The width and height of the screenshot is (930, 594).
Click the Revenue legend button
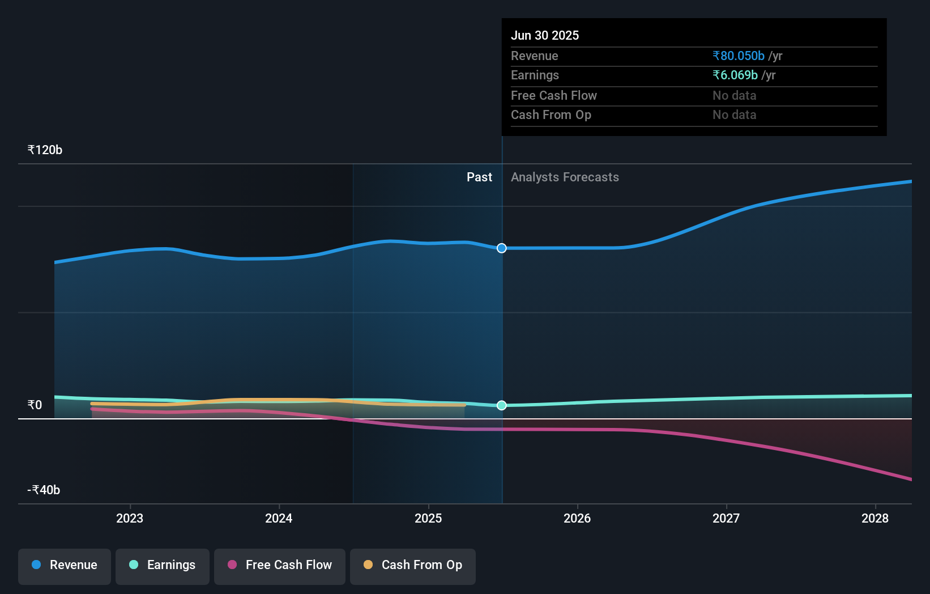(x=65, y=565)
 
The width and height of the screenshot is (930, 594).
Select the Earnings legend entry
(x=163, y=565)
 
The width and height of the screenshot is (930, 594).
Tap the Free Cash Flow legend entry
(x=280, y=565)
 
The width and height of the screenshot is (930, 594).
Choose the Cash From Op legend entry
(x=413, y=565)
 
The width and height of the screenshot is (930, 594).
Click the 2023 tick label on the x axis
(x=130, y=518)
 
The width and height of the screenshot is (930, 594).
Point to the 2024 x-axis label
(x=279, y=518)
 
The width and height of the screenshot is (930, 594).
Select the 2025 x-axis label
(x=428, y=518)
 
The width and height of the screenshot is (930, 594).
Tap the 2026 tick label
(x=577, y=518)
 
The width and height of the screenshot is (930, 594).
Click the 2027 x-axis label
(x=726, y=518)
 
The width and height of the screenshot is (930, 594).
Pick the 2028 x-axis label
(x=875, y=518)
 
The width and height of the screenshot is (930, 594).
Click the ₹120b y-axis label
(x=45, y=150)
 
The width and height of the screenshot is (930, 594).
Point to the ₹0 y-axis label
(x=35, y=405)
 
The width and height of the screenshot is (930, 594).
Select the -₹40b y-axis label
(x=44, y=490)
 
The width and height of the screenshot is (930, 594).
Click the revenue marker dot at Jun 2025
(x=502, y=248)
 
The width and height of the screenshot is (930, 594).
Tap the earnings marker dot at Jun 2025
(x=502, y=405)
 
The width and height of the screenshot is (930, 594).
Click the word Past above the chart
(x=479, y=177)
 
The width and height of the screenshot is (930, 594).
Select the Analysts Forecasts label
(x=565, y=177)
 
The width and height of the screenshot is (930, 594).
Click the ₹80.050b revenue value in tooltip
(x=739, y=56)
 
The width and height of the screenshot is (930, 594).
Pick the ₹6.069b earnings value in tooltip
(x=735, y=75)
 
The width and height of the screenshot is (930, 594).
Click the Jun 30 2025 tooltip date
(x=545, y=35)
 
